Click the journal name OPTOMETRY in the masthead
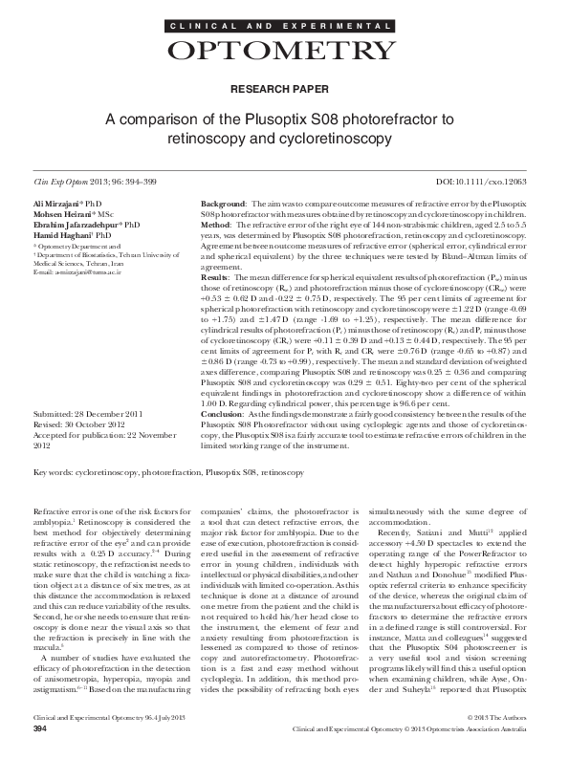coord(284,51)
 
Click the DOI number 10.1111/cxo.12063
coord(507,181)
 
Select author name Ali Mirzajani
coord(56,206)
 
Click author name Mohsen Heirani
coord(59,214)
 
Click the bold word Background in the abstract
coord(221,206)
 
